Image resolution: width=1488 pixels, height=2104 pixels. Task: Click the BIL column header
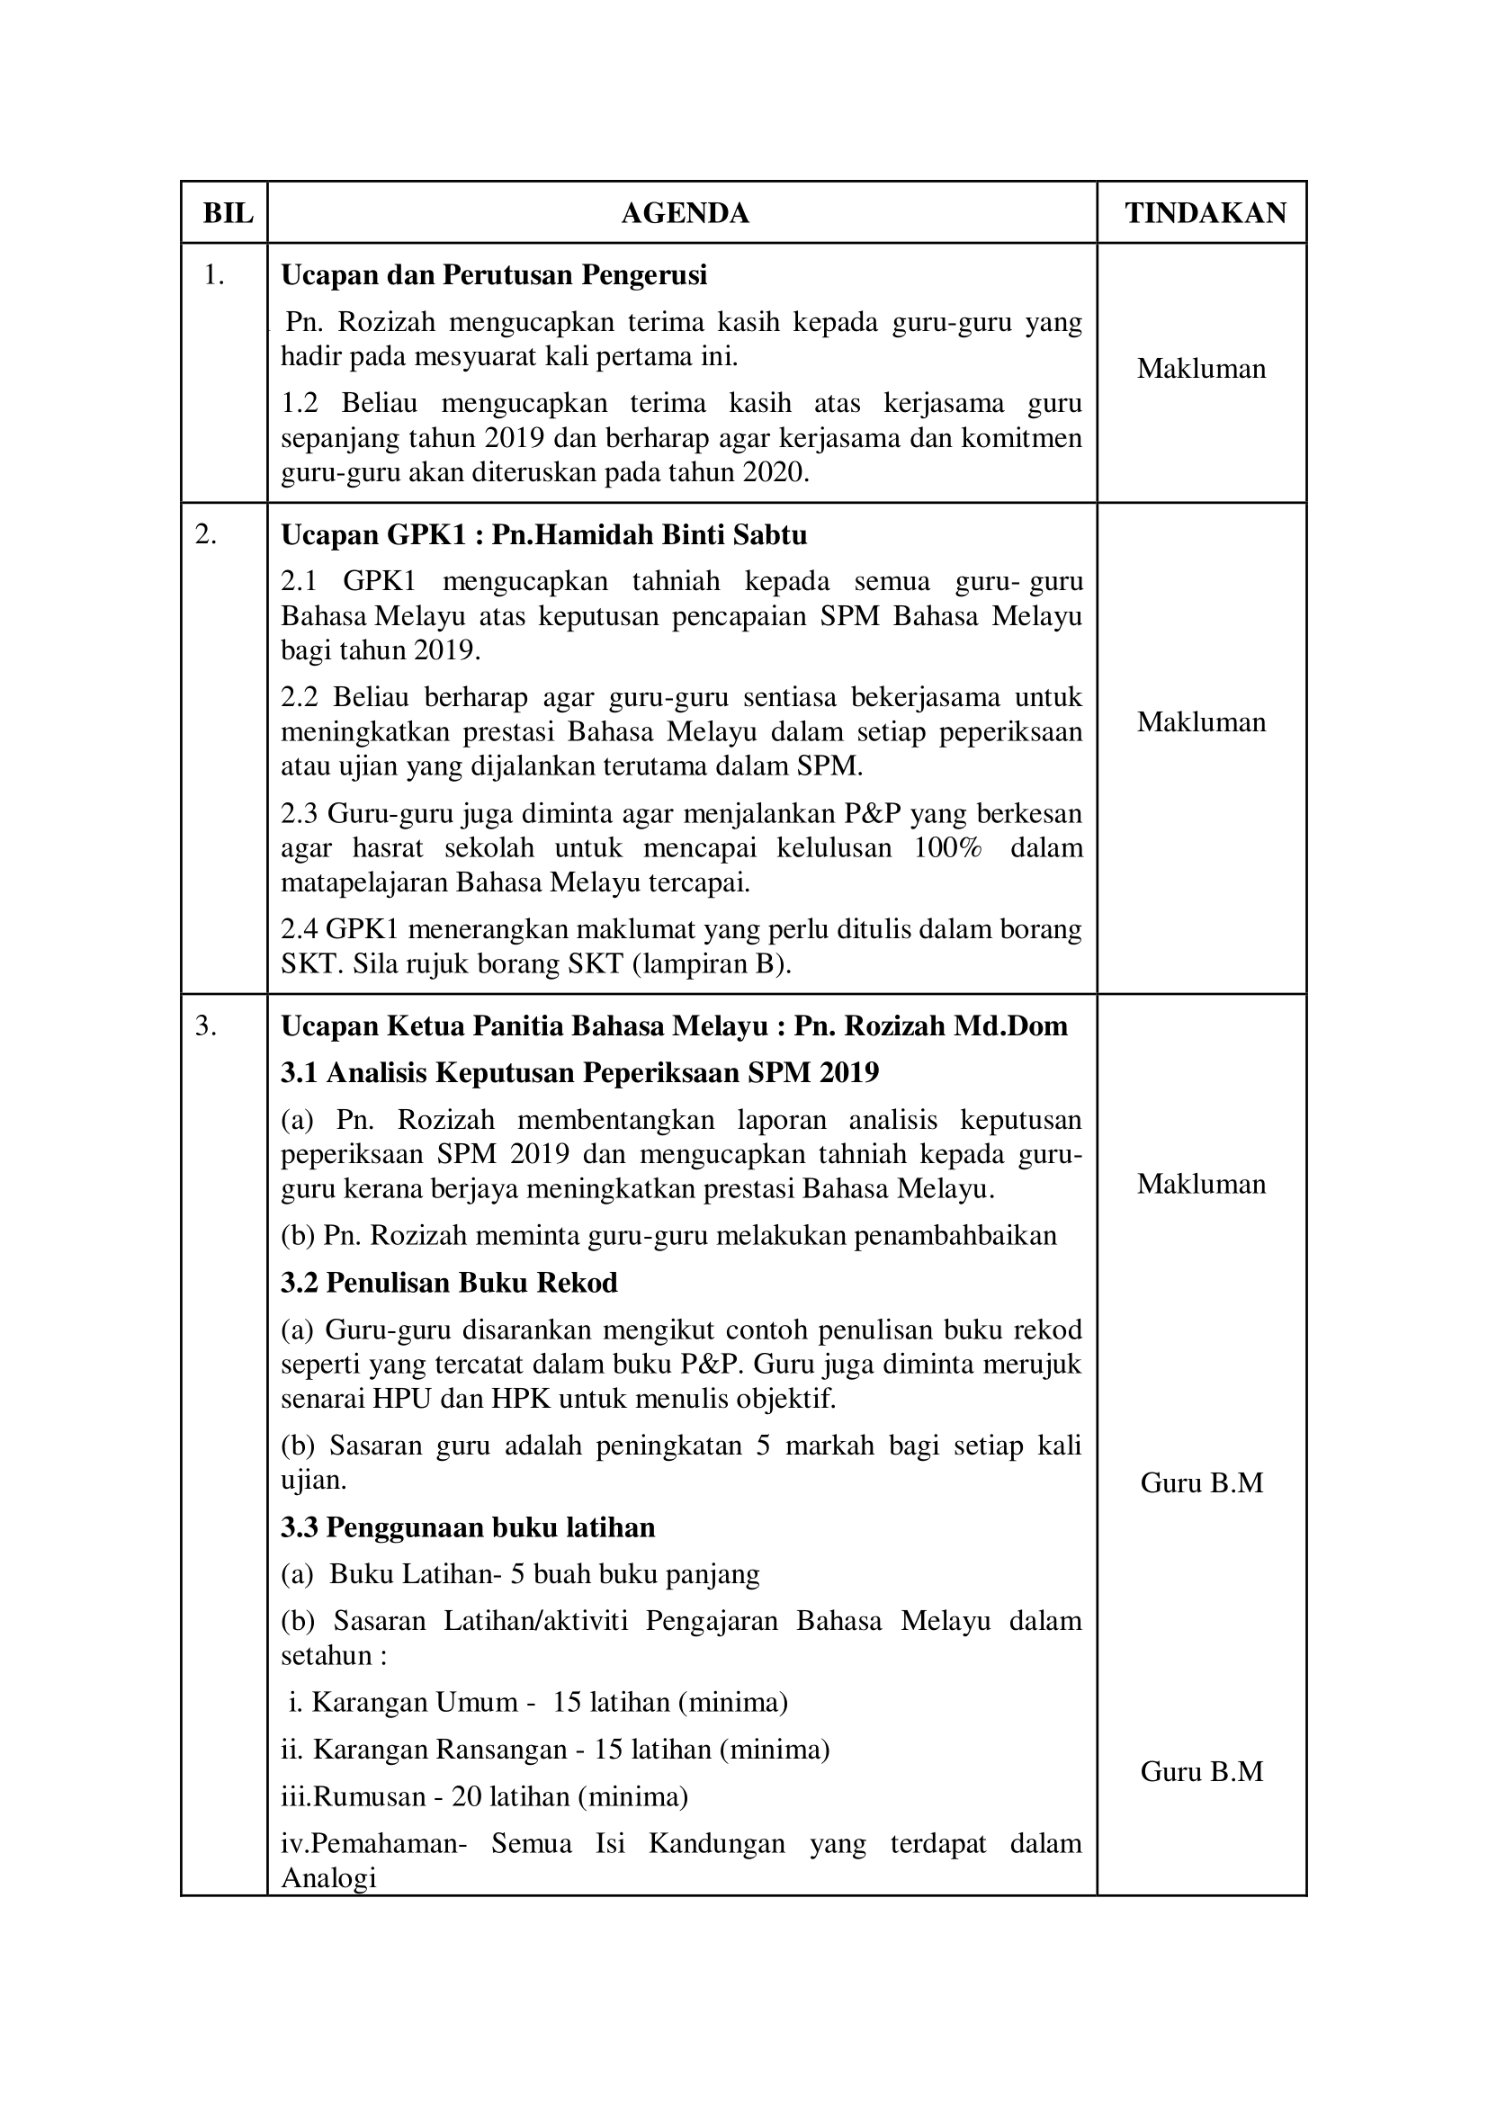pos(228,213)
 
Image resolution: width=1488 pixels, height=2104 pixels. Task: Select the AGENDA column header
pos(685,213)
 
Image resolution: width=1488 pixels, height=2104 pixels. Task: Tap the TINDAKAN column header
pos(1205,213)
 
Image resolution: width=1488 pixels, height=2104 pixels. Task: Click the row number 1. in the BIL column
pos(213,275)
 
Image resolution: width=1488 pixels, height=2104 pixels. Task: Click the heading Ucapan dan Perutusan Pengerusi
pos(494,275)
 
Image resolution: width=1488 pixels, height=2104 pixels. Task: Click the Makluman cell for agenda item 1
pos(1201,369)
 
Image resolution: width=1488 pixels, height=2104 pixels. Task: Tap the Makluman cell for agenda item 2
pos(1201,722)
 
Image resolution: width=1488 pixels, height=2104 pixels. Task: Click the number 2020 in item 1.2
pos(775,473)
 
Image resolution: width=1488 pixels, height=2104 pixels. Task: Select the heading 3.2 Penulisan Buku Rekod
pos(449,1282)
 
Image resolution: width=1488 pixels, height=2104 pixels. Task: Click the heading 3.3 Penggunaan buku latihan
pos(467,1527)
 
